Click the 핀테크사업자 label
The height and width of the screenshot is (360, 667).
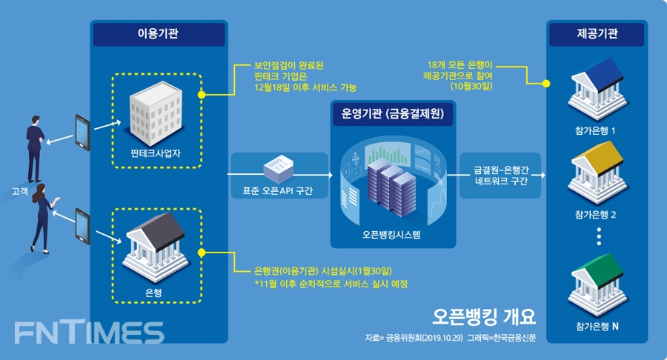(156, 155)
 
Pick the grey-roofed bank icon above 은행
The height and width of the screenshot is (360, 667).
(156, 247)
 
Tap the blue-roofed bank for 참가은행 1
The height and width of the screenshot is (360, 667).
(597, 86)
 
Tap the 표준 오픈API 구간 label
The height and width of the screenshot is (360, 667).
(278, 190)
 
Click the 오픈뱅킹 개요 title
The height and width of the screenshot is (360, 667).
(484, 316)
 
